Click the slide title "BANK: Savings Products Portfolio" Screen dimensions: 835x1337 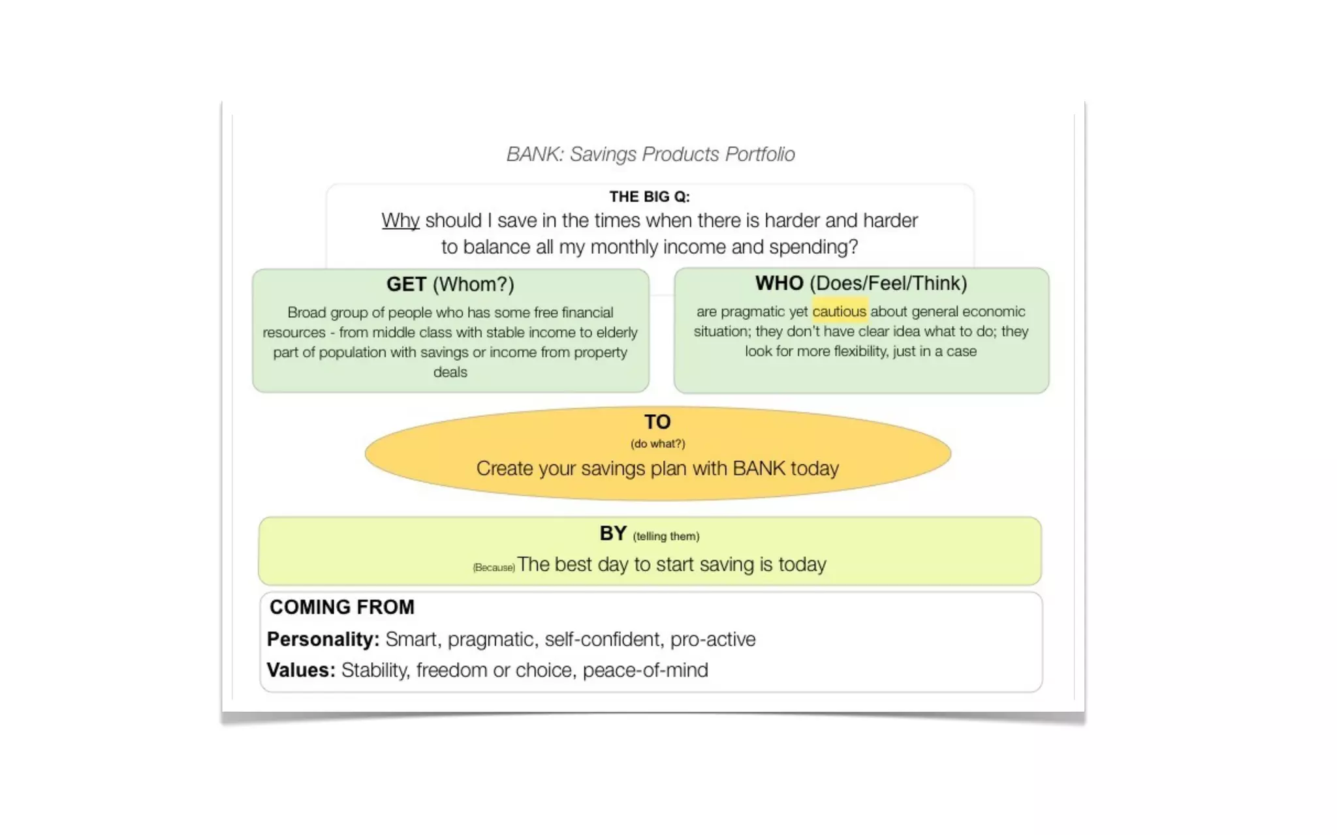[x=650, y=154]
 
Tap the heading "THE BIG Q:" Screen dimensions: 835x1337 [x=650, y=196]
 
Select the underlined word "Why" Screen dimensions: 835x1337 [x=400, y=220]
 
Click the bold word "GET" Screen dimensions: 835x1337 [x=406, y=284]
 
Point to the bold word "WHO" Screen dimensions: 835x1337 [x=779, y=283]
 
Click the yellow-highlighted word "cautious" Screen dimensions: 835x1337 [x=840, y=312]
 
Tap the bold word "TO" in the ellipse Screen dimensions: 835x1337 [x=657, y=422]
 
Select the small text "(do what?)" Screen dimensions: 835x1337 [x=657, y=444]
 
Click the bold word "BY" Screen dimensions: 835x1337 [x=613, y=534]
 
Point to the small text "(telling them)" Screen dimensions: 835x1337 [x=666, y=536]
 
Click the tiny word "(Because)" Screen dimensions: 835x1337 [x=494, y=568]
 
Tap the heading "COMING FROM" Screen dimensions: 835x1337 [x=342, y=607]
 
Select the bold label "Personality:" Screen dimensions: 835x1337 [x=323, y=639]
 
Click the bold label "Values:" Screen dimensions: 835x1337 [x=301, y=670]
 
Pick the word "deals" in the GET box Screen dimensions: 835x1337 [x=450, y=372]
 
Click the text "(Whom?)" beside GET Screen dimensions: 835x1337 [x=473, y=284]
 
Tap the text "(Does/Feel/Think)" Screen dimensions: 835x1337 [x=888, y=283]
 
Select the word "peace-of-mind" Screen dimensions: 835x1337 [x=645, y=670]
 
